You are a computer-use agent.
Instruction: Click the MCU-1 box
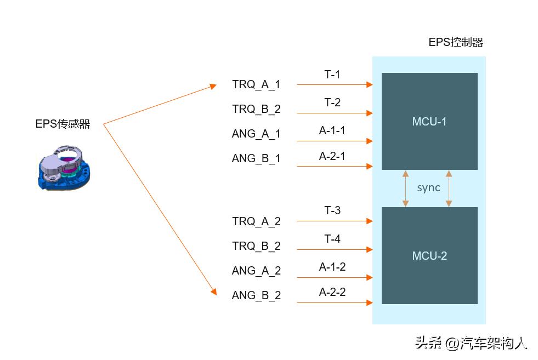pyautogui.click(x=429, y=121)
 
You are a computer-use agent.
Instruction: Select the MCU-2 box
pyautogui.click(x=429, y=255)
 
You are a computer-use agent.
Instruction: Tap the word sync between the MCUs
pyautogui.click(x=428, y=188)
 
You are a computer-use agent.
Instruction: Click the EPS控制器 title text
pyautogui.click(x=456, y=43)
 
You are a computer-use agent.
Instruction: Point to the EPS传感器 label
pyautogui.click(x=63, y=124)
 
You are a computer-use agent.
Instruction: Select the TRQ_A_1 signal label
pyautogui.click(x=256, y=84)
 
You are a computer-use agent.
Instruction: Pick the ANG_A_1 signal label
pyautogui.click(x=256, y=134)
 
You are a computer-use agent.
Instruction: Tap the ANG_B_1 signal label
pyautogui.click(x=256, y=158)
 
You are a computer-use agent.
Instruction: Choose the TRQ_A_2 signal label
pyautogui.click(x=256, y=221)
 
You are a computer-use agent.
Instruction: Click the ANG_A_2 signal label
pyautogui.click(x=256, y=271)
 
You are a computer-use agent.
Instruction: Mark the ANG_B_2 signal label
pyautogui.click(x=256, y=295)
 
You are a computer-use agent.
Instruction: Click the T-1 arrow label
pyautogui.click(x=332, y=75)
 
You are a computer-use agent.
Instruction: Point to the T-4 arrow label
pyautogui.click(x=332, y=239)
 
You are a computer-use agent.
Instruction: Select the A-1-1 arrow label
pyautogui.click(x=332, y=130)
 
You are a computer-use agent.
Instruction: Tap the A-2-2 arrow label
pyautogui.click(x=332, y=292)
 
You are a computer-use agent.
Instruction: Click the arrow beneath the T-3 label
pyautogui.click(x=335, y=221)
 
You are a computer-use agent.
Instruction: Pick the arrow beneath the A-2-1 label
pyautogui.click(x=335, y=166)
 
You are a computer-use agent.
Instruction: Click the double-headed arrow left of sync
pyautogui.click(x=406, y=188)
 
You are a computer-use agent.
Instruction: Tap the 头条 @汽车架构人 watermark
pyautogui.click(x=471, y=343)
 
